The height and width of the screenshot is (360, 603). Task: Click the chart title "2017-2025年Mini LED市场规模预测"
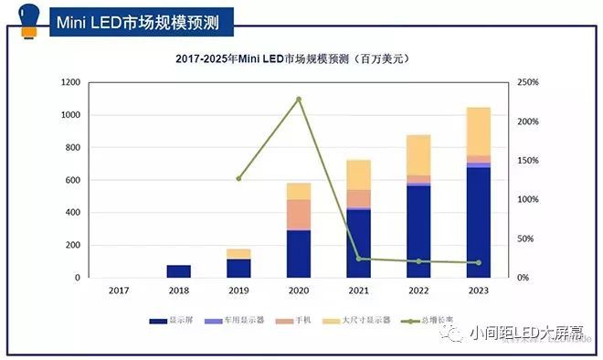point(291,59)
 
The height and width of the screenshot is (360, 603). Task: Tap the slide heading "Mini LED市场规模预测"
point(144,20)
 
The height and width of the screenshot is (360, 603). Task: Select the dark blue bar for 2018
point(178,271)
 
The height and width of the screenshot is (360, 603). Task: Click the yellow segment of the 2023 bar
point(478,131)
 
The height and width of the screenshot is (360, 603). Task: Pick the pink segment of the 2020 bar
point(298,215)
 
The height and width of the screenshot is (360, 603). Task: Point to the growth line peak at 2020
point(299,99)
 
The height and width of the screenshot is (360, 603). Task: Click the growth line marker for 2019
point(238,178)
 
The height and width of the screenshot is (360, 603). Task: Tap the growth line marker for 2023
point(478,262)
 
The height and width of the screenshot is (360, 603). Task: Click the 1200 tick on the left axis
point(70,82)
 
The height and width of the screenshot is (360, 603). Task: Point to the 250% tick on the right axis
point(528,82)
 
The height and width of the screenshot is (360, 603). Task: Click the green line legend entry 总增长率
point(435,321)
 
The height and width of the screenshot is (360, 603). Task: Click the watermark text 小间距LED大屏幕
point(527,334)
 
